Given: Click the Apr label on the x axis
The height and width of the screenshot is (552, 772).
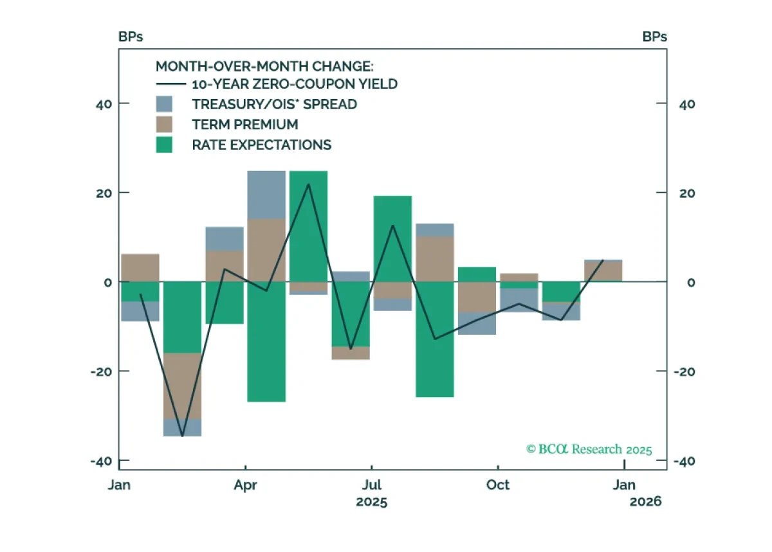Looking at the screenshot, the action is [x=245, y=486].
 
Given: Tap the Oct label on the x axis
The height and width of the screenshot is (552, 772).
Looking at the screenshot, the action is [x=498, y=485].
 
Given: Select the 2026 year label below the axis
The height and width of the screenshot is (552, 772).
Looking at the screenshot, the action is [x=645, y=502].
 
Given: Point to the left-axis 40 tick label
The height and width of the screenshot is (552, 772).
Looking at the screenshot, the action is [x=104, y=104].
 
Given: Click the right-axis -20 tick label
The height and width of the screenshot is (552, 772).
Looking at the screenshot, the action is [x=684, y=372].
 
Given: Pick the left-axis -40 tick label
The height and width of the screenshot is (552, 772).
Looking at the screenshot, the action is [x=102, y=461].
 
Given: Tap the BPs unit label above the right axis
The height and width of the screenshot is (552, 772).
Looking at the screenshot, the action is [x=654, y=37].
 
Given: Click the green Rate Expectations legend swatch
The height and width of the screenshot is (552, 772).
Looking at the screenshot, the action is [x=164, y=145].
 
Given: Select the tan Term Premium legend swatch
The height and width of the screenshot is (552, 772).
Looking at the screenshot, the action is [x=164, y=124].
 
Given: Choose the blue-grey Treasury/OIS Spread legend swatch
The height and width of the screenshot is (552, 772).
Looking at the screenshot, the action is [x=164, y=104].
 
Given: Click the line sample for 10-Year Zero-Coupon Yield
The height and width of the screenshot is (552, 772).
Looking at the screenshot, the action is [x=171, y=84].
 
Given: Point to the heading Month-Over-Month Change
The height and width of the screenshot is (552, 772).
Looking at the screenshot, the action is [x=264, y=66].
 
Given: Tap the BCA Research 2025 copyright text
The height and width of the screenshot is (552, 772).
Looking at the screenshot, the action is [x=589, y=449].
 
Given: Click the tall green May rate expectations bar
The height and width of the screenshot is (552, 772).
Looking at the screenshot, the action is [x=308, y=226].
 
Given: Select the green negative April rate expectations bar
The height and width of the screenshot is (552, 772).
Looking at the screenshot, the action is [x=266, y=342].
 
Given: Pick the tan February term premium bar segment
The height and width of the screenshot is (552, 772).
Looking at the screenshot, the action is [x=182, y=386].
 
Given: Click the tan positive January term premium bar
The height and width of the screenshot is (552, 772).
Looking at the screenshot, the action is [x=140, y=268].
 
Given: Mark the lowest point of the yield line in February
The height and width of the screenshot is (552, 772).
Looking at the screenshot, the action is [x=182, y=436].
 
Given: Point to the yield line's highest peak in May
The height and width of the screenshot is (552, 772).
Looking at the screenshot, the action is [x=308, y=184].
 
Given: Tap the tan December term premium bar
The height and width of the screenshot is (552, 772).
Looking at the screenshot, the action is [x=603, y=271].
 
